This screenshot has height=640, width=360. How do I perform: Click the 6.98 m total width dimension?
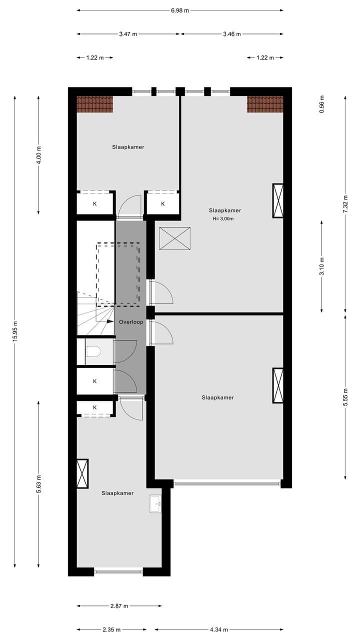coord(180,10)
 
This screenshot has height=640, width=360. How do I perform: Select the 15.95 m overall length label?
coord(14,330)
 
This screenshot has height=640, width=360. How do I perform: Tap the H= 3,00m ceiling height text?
coord(223,218)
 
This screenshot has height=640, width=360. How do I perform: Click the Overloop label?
coord(131,322)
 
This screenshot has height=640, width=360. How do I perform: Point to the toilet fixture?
coord(93,352)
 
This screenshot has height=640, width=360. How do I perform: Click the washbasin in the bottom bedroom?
coord(155,504)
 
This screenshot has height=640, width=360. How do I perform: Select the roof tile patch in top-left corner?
coord(95,104)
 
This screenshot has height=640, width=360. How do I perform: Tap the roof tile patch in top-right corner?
coord(265,104)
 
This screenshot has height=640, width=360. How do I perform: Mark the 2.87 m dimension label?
coord(119,606)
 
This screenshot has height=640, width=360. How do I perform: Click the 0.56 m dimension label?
coord(322,104)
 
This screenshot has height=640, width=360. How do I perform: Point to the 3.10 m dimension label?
coord(322,266)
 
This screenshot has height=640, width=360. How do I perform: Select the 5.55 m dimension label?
coord(345,397)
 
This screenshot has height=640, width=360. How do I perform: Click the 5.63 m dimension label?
coord(38,484)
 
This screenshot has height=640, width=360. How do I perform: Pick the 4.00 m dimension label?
coord(38,154)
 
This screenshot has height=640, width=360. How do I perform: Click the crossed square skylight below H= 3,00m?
coord(174,238)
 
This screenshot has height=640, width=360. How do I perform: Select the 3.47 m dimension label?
coord(128,34)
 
